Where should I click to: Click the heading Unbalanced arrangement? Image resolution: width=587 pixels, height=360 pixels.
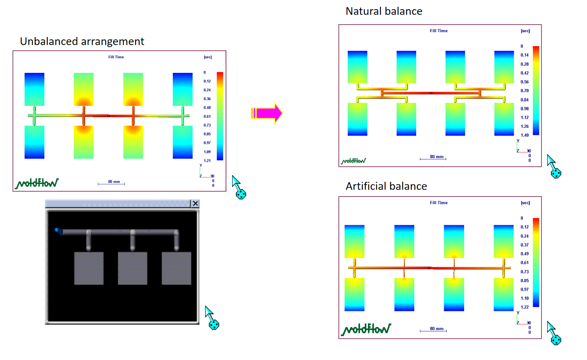coord(82,41)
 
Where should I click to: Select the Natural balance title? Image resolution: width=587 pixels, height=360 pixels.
coord(384,11)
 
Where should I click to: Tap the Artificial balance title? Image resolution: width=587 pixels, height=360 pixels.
coord(386,186)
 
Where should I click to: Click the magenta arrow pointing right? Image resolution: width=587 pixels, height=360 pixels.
coord(267,113)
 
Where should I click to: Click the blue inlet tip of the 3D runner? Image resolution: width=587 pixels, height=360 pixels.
coord(56,230)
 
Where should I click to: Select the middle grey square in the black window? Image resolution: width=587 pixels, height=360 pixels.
coord(133,268)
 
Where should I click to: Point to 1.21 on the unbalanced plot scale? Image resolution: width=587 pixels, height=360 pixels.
coord(207,161)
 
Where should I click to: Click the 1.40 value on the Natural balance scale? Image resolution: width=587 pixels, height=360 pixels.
coord(525,135)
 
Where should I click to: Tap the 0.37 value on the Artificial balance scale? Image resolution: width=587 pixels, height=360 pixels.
coord(525,245)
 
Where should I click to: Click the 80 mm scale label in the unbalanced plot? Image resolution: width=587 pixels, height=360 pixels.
coord(114,182)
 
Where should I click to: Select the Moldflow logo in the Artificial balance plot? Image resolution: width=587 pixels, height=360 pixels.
coord(366,329)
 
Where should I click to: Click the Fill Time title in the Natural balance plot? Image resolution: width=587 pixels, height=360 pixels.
coord(439,31)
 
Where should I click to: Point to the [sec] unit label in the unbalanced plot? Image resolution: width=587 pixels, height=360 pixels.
coord(208,57)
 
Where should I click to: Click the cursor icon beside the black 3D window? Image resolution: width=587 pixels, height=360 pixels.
coord(212,318)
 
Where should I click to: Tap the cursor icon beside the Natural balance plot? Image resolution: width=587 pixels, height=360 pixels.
coord(554,166)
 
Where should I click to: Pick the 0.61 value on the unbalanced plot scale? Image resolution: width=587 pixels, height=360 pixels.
coord(207,116)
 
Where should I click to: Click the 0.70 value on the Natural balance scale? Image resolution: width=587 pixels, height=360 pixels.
coord(525,91)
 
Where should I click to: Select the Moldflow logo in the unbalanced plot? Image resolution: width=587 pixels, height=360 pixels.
coord(37,183)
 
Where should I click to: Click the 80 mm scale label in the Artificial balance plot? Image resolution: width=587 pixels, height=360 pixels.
coord(437,329)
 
